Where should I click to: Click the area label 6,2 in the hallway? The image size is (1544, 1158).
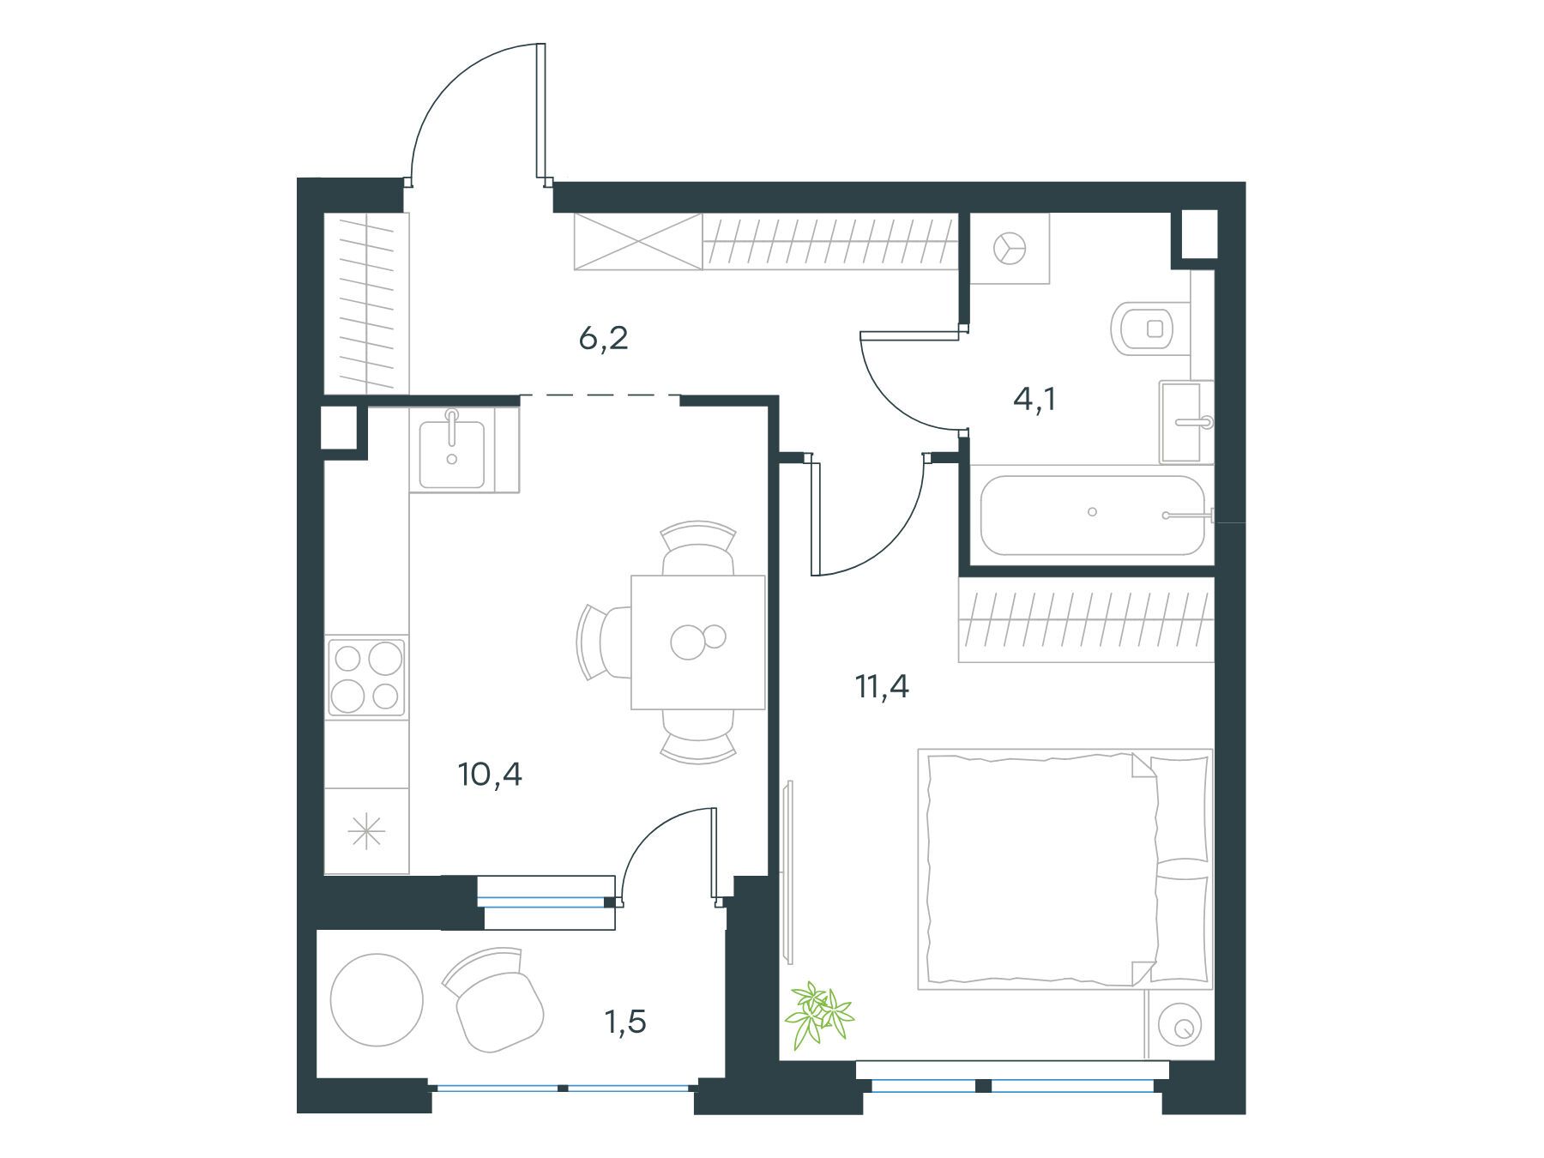click(604, 339)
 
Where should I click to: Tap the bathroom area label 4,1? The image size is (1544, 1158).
click(1034, 400)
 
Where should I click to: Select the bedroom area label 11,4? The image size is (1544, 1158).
click(882, 687)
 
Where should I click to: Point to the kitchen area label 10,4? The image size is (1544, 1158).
click(491, 775)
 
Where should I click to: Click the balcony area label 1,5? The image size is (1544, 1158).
click(625, 1022)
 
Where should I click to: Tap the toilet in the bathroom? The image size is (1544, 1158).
click(1150, 328)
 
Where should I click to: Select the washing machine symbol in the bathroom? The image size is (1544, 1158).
click(1010, 249)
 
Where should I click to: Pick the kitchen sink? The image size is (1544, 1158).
click(452, 449)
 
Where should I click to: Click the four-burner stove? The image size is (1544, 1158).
click(367, 678)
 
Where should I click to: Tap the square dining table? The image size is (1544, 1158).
click(698, 642)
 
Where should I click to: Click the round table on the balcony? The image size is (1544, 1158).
click(377, 1000)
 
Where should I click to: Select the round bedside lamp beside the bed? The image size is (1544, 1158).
click(1180, 1025)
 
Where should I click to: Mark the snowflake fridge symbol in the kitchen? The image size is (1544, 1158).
click(366, 832)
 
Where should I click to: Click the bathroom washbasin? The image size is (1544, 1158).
click(1188, 422)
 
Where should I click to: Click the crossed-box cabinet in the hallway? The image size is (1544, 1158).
click(638, 241)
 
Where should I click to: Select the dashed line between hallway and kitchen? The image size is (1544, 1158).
click(600, 395)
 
